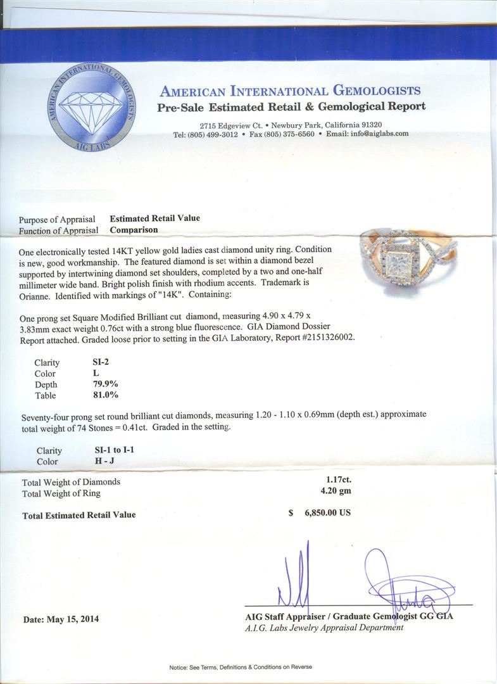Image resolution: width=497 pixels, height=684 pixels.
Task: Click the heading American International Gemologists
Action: click(291, 91)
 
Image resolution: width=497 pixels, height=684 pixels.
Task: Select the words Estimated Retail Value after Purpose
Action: click(154, 218)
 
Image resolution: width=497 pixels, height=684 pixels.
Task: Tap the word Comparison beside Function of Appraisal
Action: click(134, 229)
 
